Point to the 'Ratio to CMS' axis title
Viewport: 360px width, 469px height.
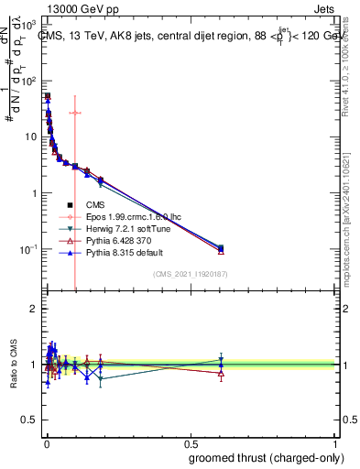point(12,365)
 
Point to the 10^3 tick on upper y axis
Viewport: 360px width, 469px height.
point(31,21)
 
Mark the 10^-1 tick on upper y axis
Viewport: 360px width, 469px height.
point(31,249)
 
